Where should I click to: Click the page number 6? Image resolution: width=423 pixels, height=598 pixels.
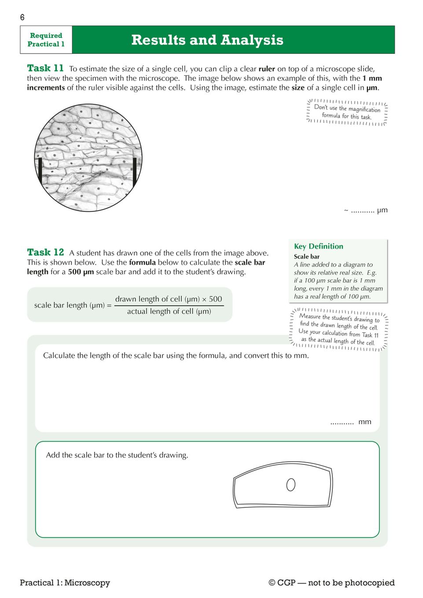pos(22,18)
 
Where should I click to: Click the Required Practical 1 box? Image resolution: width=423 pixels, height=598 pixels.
pos(46,40)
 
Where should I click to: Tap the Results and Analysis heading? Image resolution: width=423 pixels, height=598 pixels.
pos(207,40)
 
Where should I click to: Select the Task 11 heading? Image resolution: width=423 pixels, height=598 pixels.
pos(45,68)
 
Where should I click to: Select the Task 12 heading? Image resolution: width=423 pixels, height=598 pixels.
pos(45,252)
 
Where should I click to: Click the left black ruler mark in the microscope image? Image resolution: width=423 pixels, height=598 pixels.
pos(40,170)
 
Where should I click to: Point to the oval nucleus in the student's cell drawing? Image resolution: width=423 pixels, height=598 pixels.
pos(291,485)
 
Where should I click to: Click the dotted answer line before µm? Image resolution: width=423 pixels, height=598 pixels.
pos(362,211)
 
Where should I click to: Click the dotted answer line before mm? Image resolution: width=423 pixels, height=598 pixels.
pos(342,423)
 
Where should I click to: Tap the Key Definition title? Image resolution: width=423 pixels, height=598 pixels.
pos(318,246)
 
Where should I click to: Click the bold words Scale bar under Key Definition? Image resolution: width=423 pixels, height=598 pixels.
pos(307,256)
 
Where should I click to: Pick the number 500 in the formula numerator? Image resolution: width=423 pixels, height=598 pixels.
pos(215,299)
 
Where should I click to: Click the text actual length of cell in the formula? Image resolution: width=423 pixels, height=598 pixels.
pos(169,311)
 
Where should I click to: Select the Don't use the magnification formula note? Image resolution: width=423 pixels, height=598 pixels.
pos(347,112)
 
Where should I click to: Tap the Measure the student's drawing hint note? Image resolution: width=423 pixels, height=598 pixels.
pos(338,329)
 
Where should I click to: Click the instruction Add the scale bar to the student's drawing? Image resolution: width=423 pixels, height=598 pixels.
pos(117,455)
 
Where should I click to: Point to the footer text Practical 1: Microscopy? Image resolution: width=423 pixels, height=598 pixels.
pos(65,583)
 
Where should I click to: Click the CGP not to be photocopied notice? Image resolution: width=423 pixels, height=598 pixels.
pos(331,583)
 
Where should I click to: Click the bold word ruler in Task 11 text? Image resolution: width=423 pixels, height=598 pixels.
pos(267,69)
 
